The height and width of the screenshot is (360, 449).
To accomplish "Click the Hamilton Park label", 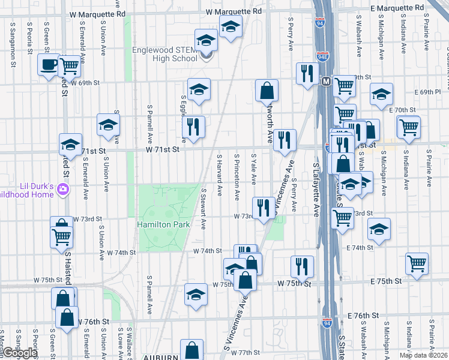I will click(164, 224).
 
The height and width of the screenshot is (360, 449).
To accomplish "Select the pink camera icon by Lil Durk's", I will click(63, 190).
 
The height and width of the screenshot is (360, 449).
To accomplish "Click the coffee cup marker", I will click(48, 64).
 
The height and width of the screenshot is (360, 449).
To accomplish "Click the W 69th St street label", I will click(84, 83).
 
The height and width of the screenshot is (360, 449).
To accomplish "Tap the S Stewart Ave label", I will click(204, 209).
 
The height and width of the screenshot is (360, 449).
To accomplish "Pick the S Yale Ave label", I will click(254, 169).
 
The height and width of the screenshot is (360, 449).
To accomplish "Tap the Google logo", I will click(19, 353).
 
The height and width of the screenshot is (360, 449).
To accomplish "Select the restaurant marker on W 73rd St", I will click(263, 208).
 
